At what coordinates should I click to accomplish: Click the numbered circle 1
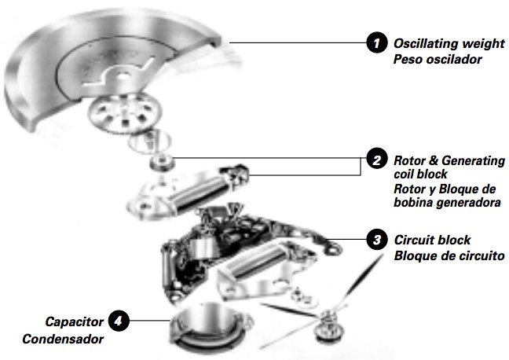coord(376,42)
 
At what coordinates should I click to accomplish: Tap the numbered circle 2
coord(376,160)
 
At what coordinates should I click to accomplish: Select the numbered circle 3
coord(376,240)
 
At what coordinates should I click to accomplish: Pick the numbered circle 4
coord(119,321)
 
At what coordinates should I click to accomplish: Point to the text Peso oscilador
coord(438,60)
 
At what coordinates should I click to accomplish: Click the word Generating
coord(474,161)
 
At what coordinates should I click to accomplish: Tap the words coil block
coord(420,174)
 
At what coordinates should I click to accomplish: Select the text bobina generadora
coord(447,203)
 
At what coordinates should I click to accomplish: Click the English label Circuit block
coord(432,240)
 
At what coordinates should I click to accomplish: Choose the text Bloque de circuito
coord(449,255)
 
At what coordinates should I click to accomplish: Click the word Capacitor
coord(75,321)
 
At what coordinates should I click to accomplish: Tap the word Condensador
coord(63,339)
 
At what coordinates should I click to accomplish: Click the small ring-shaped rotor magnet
coord(161,161)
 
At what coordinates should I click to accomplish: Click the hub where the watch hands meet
coord(328,316)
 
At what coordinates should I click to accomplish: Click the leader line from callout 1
coord(298,42)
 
